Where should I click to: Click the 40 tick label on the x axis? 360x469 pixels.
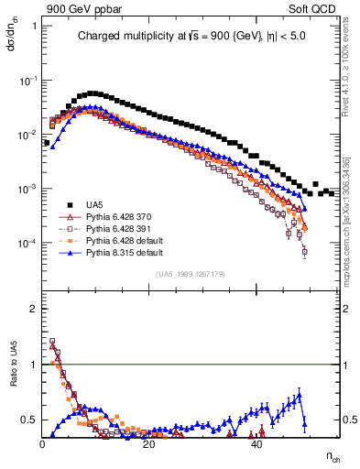coord(256,445)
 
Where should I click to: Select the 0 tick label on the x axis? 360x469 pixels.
coord(43,445)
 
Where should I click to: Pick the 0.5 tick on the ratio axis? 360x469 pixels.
coord(30,420)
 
